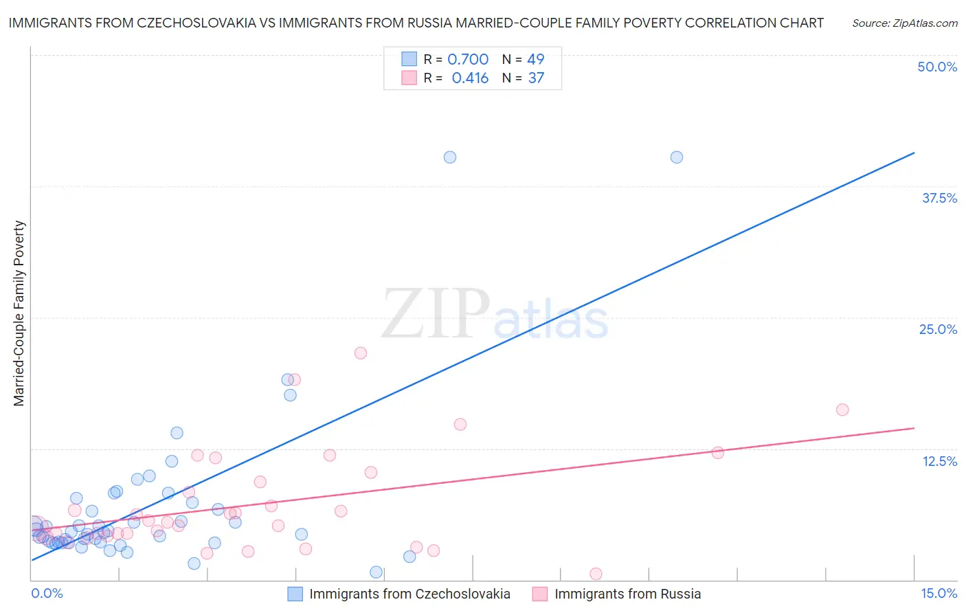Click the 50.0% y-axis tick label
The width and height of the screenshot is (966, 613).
click(x=937, y=67)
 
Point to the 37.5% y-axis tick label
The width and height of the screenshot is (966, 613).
click(x=939, y=198)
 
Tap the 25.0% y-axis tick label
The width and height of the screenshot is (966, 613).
click(x=938, y=329)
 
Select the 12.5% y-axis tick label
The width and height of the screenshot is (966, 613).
click(x=939, y=461)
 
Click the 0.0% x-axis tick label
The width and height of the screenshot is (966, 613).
click(x=47, y=593)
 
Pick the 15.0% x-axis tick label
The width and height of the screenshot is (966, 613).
click(x=939, y=593)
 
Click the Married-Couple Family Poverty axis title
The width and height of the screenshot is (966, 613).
click(x=19, y=313)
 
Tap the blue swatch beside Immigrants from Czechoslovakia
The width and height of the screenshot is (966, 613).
click(x=295, y=594)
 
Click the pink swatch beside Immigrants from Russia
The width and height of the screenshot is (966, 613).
click(x=540, y=594)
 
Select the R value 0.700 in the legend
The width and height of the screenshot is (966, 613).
click(x=468, y=59)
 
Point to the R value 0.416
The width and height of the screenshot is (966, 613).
click(x=470, y=78)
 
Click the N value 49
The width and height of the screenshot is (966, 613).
click(x=536, y=59)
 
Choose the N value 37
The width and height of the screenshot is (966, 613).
click(x=536, y=78)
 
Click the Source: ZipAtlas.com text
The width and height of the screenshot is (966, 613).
click(x=904, y=23)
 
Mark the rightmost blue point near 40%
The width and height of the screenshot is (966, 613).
click(x=677, y=157)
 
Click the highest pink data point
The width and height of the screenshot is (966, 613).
click(x=361, y=353)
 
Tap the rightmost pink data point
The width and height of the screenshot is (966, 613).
click(x=842, y=410)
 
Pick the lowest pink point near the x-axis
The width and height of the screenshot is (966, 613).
click(x=596, y=574)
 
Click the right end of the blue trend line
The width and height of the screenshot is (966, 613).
click(x=914, y=153)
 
